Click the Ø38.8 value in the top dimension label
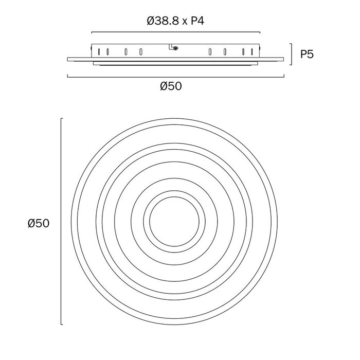click(163, 21)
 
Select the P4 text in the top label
click(197, 21)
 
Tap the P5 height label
click(307, 55)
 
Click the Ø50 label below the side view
click(171, 86)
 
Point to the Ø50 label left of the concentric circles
click(39, 223)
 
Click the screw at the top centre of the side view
click(176, 48)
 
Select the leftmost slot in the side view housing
click(99, 51)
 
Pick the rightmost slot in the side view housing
click(252, 51)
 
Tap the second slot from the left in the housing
click(107, 51)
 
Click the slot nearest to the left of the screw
click(141, 51)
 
